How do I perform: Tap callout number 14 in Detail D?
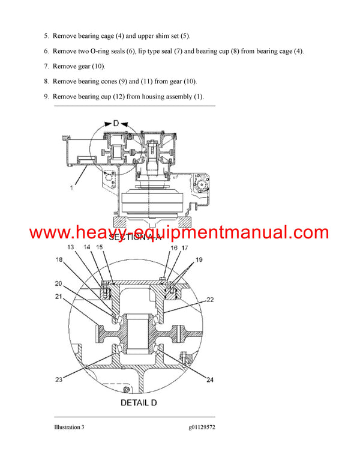[x=87, y=247]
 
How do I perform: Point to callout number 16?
[x=174, y=247]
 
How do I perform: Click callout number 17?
[x=185, y=247]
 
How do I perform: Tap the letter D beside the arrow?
[x=116, y=123]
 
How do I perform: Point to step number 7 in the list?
[x=46, y=66]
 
